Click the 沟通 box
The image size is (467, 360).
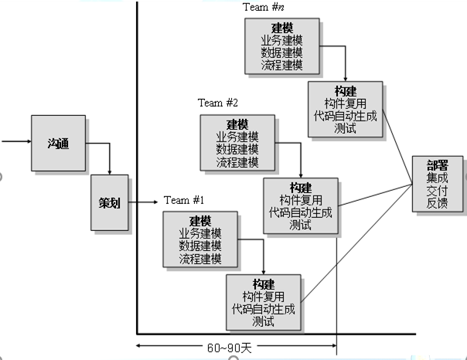tap(58, 143)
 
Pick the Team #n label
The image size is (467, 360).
tap(264, 8)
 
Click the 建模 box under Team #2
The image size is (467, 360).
tap(237, 143)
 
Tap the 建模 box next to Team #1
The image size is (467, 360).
tap(200, 239)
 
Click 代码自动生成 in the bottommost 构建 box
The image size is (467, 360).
tap(263, 309)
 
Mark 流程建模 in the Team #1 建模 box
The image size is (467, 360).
tap(200, 258)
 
